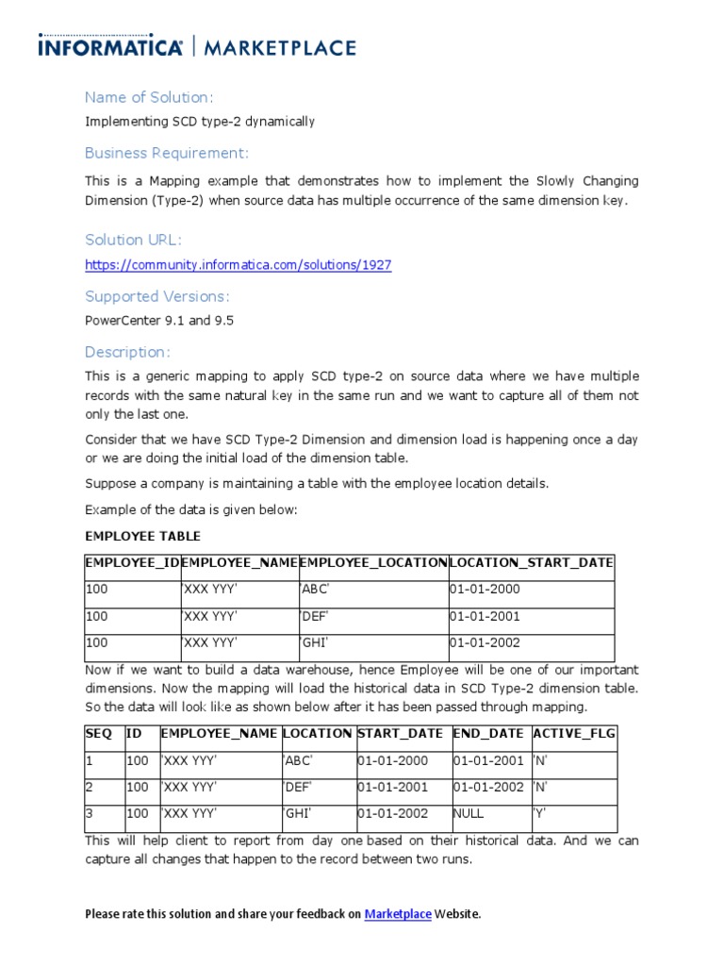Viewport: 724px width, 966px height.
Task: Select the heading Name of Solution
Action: (149, 97)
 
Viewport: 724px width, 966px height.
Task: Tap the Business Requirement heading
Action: (167, 153)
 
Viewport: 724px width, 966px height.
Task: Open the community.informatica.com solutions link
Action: (238, 265)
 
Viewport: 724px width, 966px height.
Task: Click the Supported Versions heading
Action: (156, 296)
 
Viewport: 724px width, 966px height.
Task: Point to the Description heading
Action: (128, 352)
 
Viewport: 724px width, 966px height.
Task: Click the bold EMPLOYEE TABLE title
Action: (142, 536)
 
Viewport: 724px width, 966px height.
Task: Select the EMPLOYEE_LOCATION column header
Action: (373, 562)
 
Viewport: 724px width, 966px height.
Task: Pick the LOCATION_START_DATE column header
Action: (532, 562)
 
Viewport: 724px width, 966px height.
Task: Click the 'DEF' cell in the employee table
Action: (315, 616)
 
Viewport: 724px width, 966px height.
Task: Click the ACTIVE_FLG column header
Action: (574, 733)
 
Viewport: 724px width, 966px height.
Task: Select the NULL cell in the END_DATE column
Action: (469, 813)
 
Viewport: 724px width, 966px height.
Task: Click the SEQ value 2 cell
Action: (90, 787)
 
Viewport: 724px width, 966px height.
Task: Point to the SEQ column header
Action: (99, 733)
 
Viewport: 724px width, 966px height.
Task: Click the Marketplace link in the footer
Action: (398, 914)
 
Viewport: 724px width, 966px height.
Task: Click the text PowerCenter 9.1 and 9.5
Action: (159, 321)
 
